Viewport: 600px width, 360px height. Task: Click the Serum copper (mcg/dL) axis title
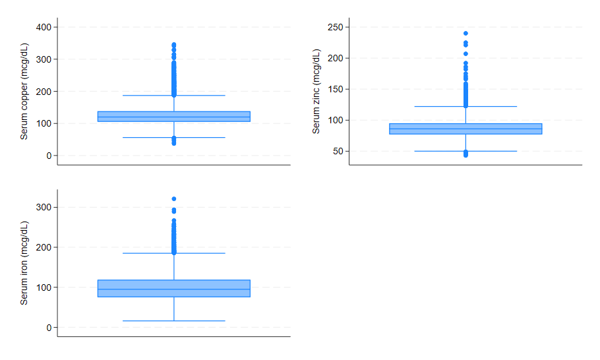(x=24, y=91)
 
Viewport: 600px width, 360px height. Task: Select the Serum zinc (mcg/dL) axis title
(x=316, y=91)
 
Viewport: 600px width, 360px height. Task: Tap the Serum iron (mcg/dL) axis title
(x=24, y=262)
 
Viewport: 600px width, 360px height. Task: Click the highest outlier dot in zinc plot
(x=465, y=33)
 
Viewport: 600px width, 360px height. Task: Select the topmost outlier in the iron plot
(x=174, y=198)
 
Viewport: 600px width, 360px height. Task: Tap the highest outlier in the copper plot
(x=174, y=45)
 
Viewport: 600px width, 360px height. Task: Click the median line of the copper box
(x=174, y=117)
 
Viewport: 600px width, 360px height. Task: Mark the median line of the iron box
(x=174, y=289)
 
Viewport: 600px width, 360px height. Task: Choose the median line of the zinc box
(x=465, y=129)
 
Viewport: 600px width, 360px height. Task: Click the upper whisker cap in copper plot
(x=174, y=96)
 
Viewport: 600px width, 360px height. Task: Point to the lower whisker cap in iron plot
(x=174, y=320)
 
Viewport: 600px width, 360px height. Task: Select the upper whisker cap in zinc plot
(x=465, y=106)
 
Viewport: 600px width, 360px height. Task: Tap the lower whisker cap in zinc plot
(x=465, y=151)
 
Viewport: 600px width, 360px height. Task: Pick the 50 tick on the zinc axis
(x=340, y=151)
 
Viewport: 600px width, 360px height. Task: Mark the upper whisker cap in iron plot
(x=174, y=253)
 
